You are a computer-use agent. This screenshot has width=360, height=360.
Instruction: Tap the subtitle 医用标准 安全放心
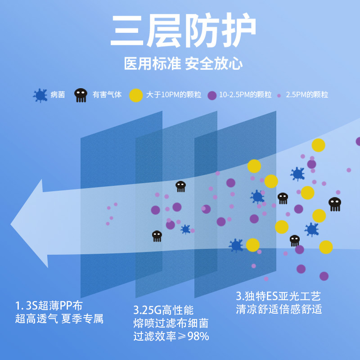pyautogui.click(x=183, y=63)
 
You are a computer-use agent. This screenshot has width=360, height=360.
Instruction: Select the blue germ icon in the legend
pyautogui.click(x=40, y=95)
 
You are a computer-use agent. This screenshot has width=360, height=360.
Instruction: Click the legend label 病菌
pyautogui.click(x=58, y=95)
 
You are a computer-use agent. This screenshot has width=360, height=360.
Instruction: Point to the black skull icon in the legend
pyautogui.click(x=81, y=95)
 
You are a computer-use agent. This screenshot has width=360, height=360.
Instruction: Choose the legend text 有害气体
pyautogui.click(x=107, y=95)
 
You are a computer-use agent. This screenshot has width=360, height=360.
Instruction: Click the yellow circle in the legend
pyautogui.click(x=136, y=95)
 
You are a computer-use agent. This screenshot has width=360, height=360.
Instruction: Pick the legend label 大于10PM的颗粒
pyautogui.click(x=173, y=95)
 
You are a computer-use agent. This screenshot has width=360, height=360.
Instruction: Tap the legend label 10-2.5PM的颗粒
pyautogui.click(x=245, y=95)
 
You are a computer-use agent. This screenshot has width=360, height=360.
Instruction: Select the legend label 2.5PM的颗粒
pyautogui.click(x=307, y=95)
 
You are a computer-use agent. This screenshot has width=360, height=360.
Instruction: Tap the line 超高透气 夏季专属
pyautogui.click(x=59, y=319)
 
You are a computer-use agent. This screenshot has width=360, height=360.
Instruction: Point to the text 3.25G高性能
pyautogui.click(x=163, y=310)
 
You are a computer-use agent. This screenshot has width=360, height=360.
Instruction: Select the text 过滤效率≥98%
pyautogui.click(x=171, y=336)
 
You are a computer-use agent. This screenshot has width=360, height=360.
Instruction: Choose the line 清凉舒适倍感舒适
pyautogui.click(x=279, y=310)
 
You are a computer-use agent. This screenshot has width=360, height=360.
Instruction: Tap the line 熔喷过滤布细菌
pyautogui.click(x=171, y=323)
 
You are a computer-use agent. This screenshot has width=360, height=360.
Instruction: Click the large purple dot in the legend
pyautogui.click(x=212, y=95)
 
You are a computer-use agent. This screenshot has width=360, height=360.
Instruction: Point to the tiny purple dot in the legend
pyautogui.click(x=279, y=95)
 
